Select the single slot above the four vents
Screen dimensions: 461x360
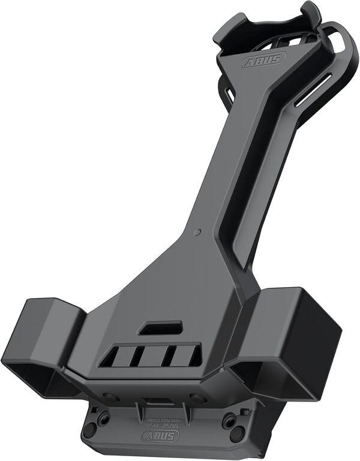160,328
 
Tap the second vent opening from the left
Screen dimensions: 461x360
139,358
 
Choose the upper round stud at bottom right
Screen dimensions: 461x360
229,419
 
